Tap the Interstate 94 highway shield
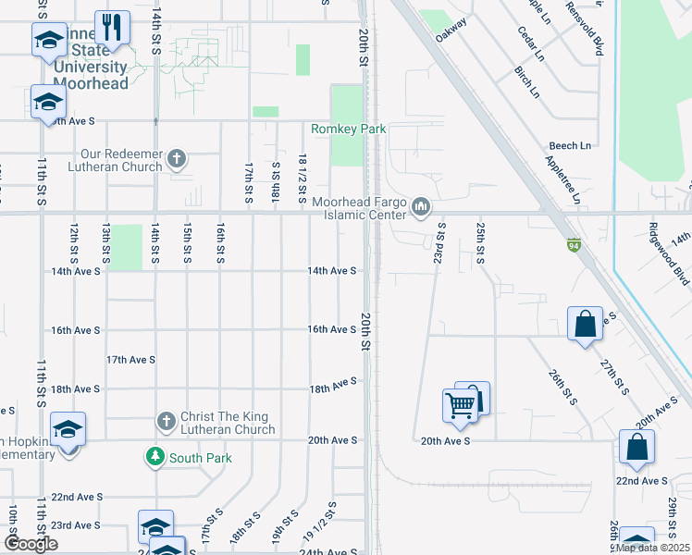(x=574, y=245)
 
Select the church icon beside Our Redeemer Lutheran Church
(x=178, y=160)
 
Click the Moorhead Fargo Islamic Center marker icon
(x=421, y=206)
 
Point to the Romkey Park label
(x=348, y=129)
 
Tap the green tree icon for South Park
(x=154, y=457)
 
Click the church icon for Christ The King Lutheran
(x=167, y=422)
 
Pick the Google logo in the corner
(x=31, y=544)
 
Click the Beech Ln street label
(x=570, y=146)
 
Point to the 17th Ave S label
(x=130, y=359)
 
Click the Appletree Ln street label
(x=562, y=180)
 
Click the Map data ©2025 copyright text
(x=651, y=548)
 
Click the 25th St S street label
(x=480, y=242)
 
